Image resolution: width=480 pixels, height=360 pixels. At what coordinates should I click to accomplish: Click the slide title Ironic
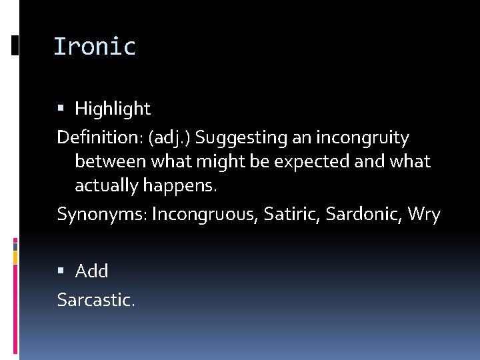pyautogui.click(x=94, y=47)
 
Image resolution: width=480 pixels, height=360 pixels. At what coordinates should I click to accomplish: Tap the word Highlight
pyautogui.click(x=113, y=108)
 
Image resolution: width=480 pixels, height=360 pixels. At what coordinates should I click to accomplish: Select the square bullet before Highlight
pyautogui.click(x=61, y=108)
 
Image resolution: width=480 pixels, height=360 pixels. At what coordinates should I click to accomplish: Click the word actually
pyautogui.click(x=107, y=185)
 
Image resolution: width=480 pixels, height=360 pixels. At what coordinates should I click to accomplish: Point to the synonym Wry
pyautogui.click(x=424, y=215)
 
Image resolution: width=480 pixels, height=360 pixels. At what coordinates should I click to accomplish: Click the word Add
pyautogui.click(x=92, y=271)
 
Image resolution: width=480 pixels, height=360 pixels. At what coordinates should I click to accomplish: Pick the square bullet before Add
pyautogui.click(x=61, y=271)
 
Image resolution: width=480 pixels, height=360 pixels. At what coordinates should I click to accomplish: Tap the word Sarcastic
pyautogui.click(x=95, y=300)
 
